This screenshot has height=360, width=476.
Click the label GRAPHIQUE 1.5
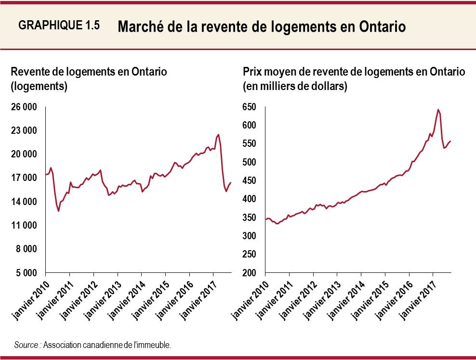(59, 26)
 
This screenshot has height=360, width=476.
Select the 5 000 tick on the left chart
(26, 273)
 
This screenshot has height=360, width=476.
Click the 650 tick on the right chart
(251, 107)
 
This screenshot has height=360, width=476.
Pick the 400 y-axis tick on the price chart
(251, 199)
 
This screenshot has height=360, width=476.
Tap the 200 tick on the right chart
(251, 273)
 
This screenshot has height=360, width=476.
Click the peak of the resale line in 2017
(218, 135)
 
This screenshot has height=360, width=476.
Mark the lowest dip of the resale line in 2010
(59, 211)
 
